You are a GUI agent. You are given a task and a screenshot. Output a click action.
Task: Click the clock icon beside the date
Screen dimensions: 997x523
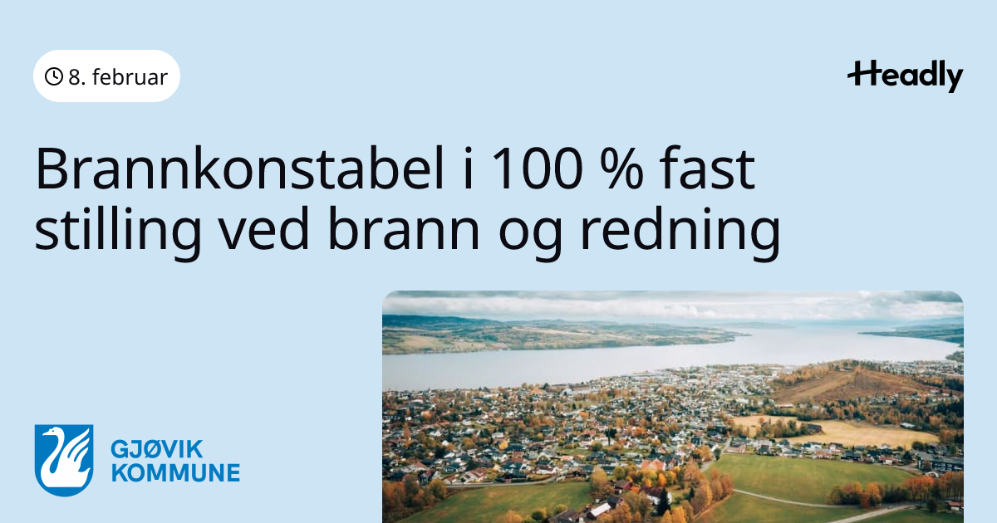click(54, 76)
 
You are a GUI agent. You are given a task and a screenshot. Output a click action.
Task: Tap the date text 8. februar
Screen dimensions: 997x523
click(118, 77)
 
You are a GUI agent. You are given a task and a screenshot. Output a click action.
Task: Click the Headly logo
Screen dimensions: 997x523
click(906, 76)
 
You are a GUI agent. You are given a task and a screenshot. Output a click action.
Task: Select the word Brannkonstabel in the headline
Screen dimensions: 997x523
click(240, 169)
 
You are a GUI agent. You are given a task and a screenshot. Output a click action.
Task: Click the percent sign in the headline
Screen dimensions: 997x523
click(621, 169)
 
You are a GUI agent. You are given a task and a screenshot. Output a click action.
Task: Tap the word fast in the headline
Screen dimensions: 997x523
click(707, 168)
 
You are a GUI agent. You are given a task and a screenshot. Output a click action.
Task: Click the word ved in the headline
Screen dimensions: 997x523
click(265, 228)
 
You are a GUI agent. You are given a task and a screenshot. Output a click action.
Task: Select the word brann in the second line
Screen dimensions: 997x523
click(404, 228)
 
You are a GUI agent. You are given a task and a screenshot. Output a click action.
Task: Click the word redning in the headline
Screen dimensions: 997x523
click(680, 232)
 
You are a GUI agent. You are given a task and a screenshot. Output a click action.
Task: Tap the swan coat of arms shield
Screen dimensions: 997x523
click(64, 460)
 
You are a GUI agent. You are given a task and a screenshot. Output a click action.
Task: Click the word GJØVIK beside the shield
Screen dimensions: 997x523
click(157, 449)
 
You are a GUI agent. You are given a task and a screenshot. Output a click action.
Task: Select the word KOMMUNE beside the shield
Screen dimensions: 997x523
click(175, 472)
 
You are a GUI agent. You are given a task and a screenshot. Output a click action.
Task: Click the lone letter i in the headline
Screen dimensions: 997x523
click(467, 169)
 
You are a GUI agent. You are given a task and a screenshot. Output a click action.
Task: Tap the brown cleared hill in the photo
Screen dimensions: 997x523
click(846, 383)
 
